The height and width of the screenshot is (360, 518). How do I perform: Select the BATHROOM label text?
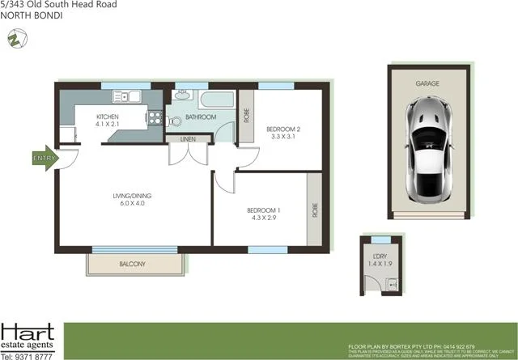pos(200,117)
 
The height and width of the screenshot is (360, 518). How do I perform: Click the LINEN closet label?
pos(187,139)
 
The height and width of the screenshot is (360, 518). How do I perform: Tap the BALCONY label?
pos(132,265)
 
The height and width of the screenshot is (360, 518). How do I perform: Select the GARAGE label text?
pos(428,84)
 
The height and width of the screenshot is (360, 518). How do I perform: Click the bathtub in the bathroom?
pos(214,101)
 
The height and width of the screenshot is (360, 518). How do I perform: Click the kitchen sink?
pos(127,97)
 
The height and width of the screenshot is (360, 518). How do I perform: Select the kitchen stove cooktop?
pos(152,119)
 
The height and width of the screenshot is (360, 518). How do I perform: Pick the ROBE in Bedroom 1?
pos(313,211)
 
